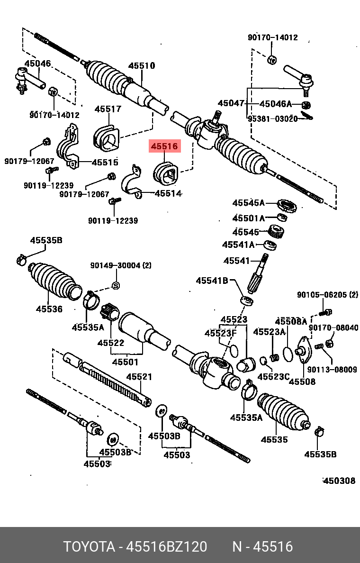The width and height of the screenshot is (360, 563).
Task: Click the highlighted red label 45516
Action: (164, 147)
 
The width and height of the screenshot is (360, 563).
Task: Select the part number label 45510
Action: (142, 66)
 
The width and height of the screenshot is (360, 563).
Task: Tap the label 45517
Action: (108, 109)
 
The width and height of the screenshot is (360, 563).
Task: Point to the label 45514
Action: (168, 193)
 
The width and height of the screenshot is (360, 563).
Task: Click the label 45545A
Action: (248, 203)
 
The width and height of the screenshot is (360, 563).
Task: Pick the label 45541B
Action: (212, 281)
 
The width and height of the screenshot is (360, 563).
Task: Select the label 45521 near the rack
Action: (139, 377)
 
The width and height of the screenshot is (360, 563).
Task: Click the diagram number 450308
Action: (339, 481)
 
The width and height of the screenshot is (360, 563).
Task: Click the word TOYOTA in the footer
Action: (90, 547)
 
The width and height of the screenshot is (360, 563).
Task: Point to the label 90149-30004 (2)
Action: (121, 266)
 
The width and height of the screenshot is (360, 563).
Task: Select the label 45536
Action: (49, 309)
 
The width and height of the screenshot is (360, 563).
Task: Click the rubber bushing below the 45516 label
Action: (165, 173)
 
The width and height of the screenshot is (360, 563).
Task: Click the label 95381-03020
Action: (272, 118)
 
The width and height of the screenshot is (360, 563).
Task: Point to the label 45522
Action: (111, 343)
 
